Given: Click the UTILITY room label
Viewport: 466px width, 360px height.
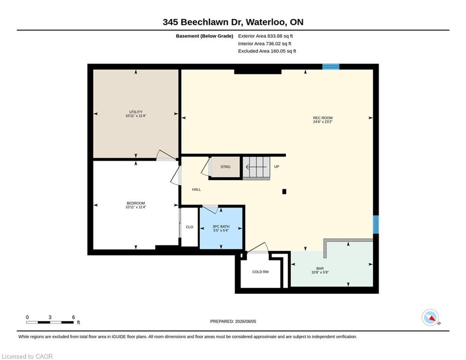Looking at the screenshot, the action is coord(136,112).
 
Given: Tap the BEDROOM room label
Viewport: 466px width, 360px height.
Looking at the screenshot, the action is coord(136,203).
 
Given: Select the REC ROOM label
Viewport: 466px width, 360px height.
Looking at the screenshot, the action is coord(323,118).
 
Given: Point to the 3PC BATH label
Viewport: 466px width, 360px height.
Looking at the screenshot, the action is coord(221,226).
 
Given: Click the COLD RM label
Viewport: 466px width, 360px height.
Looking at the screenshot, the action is coord(260,272).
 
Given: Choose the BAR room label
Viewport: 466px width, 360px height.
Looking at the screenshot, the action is coord(320,269).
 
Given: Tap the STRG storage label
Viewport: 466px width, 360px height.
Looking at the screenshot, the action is coord(225,167).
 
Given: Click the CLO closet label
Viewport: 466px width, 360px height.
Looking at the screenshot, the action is coord(190,227).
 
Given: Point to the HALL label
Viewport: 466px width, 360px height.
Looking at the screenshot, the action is coord(196,189).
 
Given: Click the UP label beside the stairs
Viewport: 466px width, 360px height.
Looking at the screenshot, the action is coord(277,166).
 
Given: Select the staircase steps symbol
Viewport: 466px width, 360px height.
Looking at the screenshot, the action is coord(257,168).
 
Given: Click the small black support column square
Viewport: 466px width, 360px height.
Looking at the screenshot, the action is coord(284,192).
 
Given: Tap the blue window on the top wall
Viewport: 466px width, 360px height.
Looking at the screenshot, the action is coord(331,67).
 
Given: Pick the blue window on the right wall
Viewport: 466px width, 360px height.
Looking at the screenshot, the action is coord(376,225).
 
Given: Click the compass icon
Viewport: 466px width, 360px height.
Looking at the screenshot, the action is coord(430,317).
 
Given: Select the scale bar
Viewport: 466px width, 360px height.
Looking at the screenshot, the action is coord(50,322).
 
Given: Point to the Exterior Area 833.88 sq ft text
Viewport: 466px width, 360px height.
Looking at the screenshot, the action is coord(266,36).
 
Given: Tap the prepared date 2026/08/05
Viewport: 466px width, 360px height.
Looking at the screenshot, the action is coord(245,321).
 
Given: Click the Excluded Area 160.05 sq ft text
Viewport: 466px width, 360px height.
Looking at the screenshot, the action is coord(267,51).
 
